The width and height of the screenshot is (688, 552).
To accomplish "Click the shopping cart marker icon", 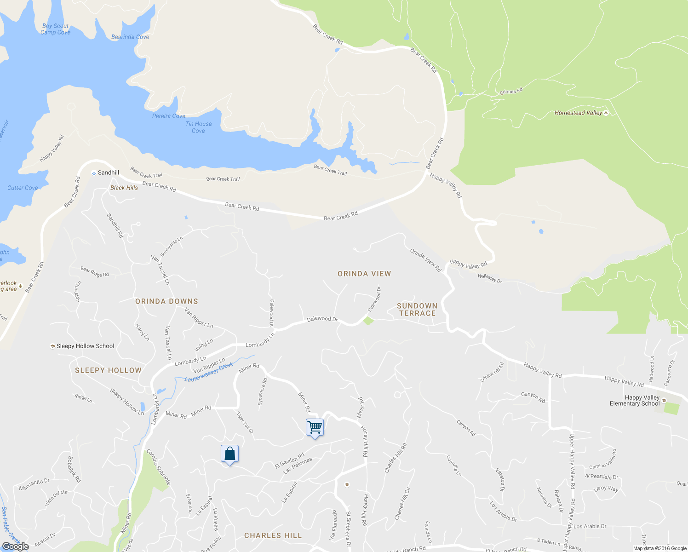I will pos(315,427).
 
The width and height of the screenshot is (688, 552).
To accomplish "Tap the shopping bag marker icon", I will pos(229,454).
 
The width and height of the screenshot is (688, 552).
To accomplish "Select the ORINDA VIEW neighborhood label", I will pos(364,274).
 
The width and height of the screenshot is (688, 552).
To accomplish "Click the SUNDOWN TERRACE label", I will pos(417,310).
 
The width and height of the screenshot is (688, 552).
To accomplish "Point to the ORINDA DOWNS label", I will pos(166,301).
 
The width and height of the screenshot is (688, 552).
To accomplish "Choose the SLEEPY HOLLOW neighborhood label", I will pos(108,370).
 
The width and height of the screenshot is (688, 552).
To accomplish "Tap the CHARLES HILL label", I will pos(273,535).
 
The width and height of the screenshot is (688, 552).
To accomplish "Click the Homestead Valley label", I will pos(578,113).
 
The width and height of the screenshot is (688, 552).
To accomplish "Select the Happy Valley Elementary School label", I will pos(635,401).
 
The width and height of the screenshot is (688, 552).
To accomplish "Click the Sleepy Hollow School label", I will pos(85,346).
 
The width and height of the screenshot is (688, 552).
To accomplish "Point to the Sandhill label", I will pos(108,172).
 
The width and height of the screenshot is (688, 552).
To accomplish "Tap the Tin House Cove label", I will pos(199,127).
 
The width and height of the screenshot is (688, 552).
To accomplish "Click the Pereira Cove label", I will pos(169,116).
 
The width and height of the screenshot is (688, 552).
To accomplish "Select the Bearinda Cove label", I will pos(130,37).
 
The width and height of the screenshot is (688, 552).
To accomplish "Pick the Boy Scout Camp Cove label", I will pos(55,29).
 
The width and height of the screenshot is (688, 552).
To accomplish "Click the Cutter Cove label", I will pos(23,188).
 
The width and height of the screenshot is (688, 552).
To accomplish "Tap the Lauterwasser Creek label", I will pos(209,373).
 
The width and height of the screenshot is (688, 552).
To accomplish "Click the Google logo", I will pos(16,546).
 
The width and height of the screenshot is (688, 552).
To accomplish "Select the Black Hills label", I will pos(124,188).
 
